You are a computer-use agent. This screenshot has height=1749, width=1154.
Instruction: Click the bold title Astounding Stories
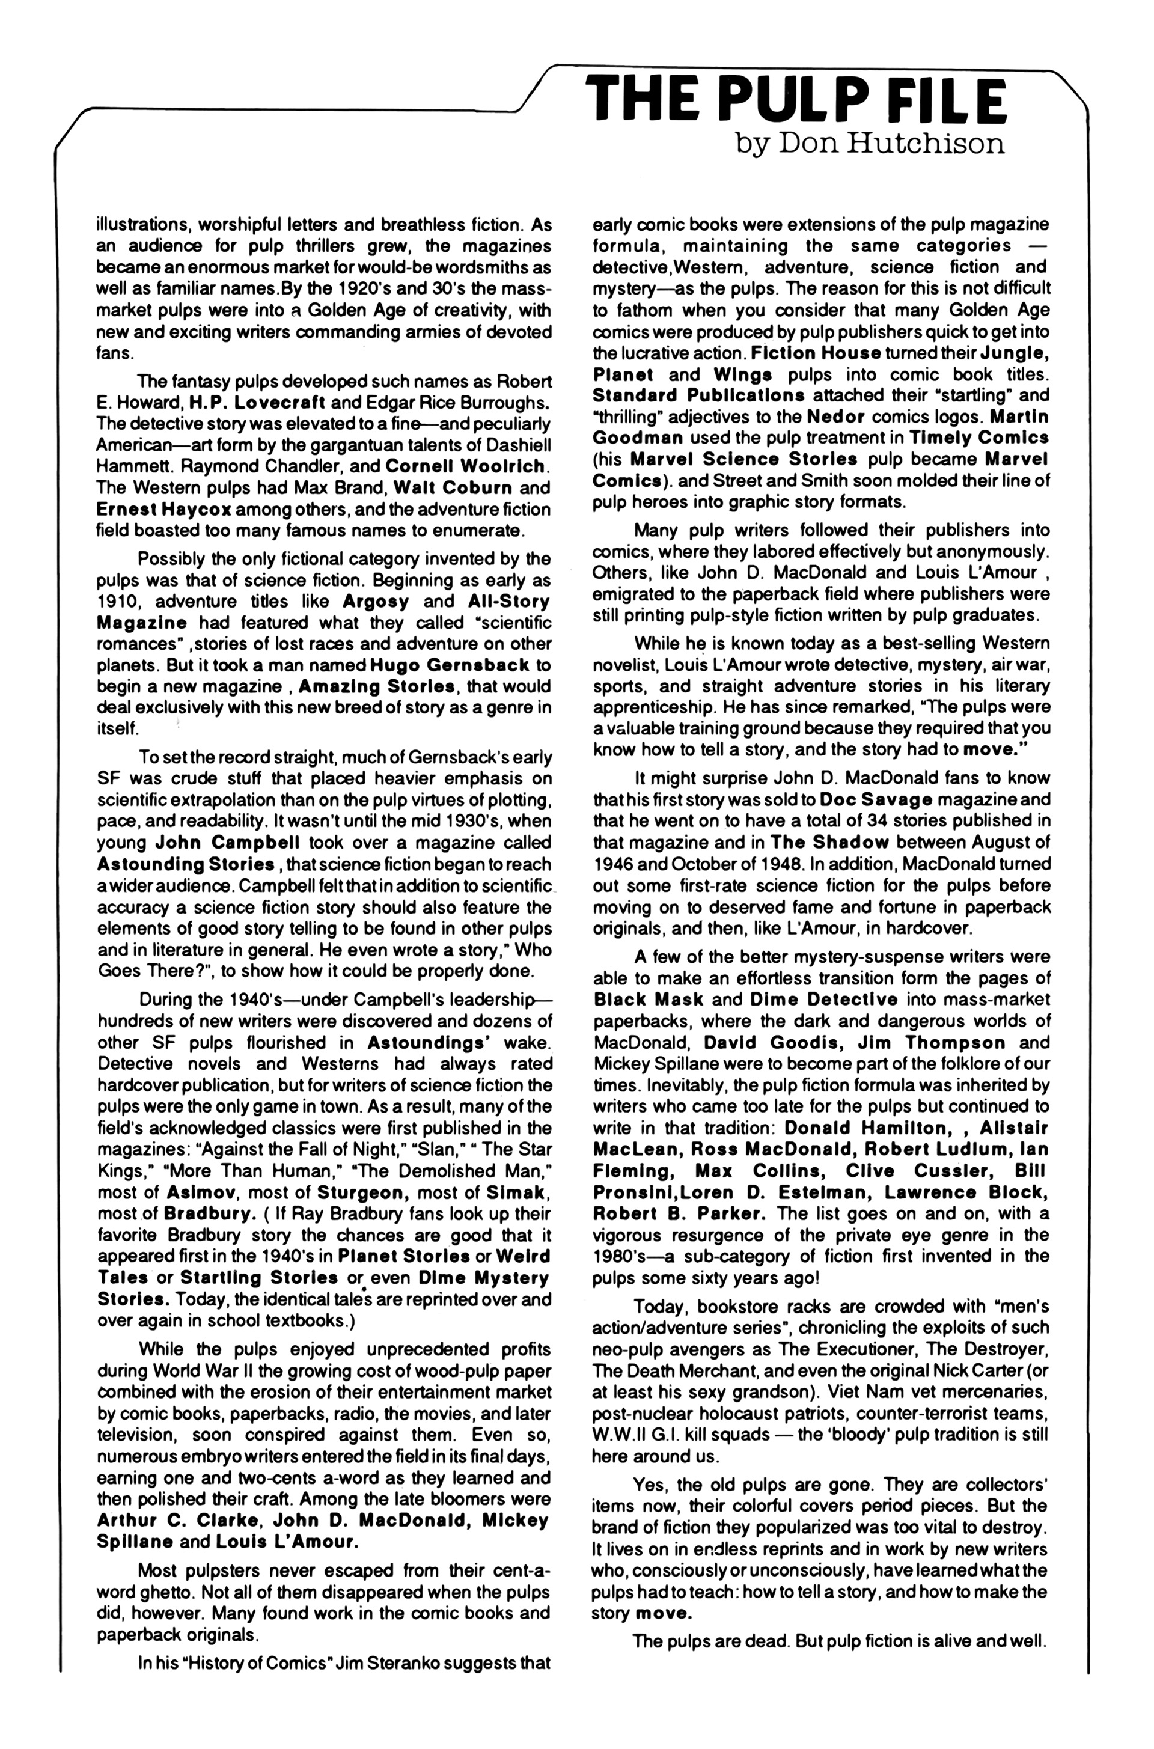(x=186, y=864)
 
